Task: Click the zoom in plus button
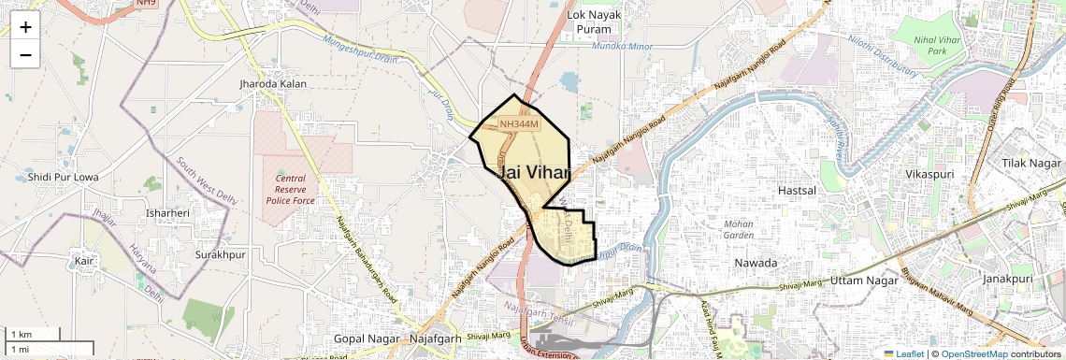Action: tap(25, 27)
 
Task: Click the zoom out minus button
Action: tap(25, 55)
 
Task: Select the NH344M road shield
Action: tap(519, 124)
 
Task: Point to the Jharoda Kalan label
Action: tap(273, 84)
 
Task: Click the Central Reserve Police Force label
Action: tap(290, 189)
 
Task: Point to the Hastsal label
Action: tap(798, 190)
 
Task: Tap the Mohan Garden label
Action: tap(739, 229)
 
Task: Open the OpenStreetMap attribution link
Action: tap(973, 353)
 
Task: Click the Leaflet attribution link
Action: tap(903, 353)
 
